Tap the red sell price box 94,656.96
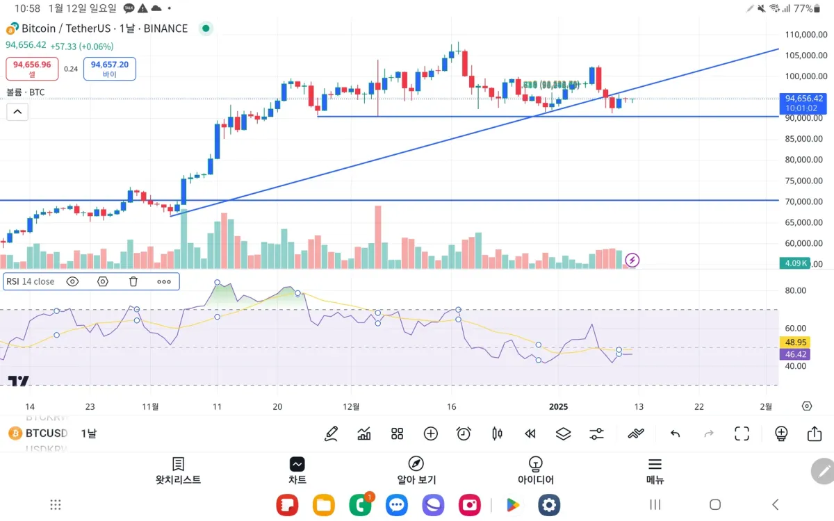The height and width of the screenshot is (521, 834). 32,68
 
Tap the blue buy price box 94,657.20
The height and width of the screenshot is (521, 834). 110,68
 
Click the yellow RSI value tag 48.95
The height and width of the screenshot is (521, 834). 795,342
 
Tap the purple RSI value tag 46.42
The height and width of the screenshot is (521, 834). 795,354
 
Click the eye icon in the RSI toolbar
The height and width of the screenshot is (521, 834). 72,281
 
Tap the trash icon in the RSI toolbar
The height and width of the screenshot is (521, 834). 133,281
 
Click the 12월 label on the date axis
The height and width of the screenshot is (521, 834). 352,406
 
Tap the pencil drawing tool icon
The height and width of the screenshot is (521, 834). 331,434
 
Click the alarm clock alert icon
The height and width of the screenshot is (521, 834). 464,434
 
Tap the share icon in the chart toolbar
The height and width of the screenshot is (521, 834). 815,434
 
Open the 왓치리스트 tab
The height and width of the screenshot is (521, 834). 179,470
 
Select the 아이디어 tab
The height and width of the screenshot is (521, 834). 535,470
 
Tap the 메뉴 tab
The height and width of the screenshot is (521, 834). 655,470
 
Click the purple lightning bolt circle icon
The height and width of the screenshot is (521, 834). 632,260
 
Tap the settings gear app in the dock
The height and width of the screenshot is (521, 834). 549,505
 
